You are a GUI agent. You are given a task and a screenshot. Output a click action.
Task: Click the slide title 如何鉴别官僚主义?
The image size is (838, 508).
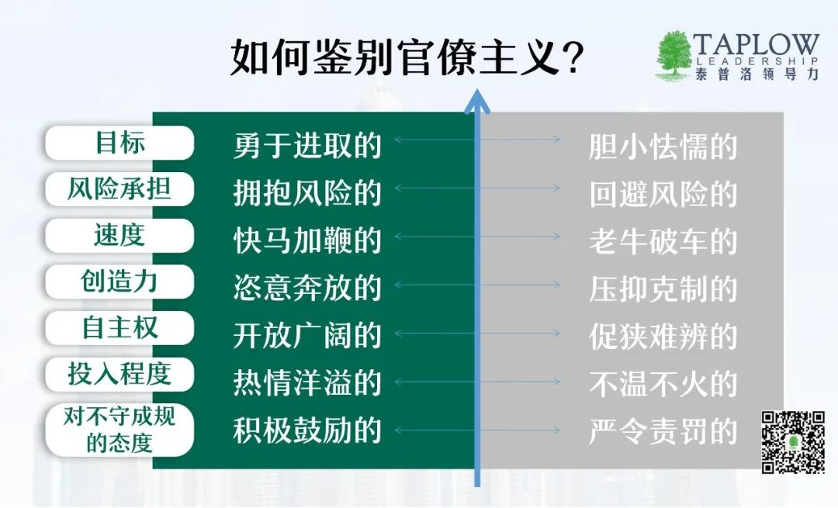click(406, 57)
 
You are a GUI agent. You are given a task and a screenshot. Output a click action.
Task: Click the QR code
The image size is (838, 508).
click(793, 442)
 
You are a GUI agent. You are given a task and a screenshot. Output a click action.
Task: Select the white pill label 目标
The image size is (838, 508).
click(119, 143)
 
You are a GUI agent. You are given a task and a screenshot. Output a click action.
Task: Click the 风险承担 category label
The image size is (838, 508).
click(119, 189)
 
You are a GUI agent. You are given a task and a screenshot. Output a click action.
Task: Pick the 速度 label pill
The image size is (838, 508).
click(119, 236)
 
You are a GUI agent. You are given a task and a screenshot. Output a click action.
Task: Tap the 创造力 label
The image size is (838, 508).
click(119, 282)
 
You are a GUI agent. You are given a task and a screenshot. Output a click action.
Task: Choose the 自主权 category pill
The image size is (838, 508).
click(119, 328)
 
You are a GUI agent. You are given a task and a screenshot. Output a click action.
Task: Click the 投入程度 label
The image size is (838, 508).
click(119, 375)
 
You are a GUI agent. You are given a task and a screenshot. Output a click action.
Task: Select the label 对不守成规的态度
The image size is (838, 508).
click(119, 430)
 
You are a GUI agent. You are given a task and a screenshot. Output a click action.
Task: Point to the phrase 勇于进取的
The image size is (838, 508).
click(307, 145)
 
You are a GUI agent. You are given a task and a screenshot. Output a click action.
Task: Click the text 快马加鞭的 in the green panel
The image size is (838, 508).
click(307, 241)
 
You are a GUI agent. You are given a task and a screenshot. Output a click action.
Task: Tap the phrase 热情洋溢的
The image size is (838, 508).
click(307, 383)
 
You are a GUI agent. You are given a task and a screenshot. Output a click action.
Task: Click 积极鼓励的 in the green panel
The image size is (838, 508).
click(307, 430)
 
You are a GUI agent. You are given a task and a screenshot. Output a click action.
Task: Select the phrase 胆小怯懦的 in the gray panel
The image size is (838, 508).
click(663, 147)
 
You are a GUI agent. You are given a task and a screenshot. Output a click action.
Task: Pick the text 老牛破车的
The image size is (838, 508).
click(663, 241)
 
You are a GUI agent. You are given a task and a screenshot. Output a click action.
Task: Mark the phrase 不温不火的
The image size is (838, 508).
click(663, 384)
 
